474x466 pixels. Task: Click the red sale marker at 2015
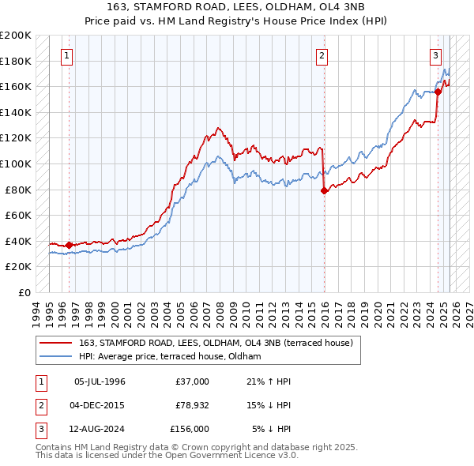click(324, 190)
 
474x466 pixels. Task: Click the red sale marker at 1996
click(69, 244)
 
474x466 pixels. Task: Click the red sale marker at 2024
click(438, 92)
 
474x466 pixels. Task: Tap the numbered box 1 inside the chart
click(66, 55)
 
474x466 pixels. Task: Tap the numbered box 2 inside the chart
click(322, 55)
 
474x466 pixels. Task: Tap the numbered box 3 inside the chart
click(435, 55)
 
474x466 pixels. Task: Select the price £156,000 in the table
click(190, 429)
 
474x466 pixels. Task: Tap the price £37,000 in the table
click(192, 381)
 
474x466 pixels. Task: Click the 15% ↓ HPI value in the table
click(269, 405)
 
